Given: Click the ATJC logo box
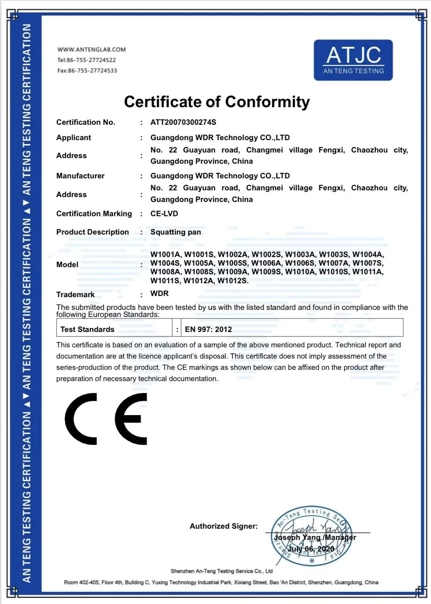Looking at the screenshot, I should pyautogui.click(x=353, y=60).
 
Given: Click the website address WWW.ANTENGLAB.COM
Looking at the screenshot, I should pyautogui.click(x=91, y=49).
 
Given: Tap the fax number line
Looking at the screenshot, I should pyautogui.click(x=87, y=70).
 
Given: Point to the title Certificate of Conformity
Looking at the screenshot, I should pyautogui.click(x=217, y=102).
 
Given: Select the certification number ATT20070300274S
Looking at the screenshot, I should pyautogui.click(x=183, y=122).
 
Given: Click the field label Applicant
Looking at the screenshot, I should pyautogui.click(x=73, y=138).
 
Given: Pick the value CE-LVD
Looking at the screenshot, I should pyautogui.click(x=164, y=214).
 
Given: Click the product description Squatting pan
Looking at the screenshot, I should pyautogui.click(x=176, y=232).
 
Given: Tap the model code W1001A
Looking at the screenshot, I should pyautogui.click(x=165, y=254).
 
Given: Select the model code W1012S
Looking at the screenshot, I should pyautogui.click(x=233, y=281).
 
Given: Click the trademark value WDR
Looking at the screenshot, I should pyautogui.click(x=160, y=293).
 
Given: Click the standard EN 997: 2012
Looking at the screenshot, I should pyautogui.click(x=208, y=329).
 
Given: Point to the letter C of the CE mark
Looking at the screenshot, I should pyautogui.click(x=81, y=419).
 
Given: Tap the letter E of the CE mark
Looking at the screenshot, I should pyautogui.click(x=131, y=419).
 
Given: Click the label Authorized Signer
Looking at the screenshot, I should pyautogui.click(x=224, y=526).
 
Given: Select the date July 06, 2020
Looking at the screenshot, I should pyautogui.click(x=311, y=549).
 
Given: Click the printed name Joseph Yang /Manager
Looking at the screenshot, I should pyautogui.click(x=315, y=537).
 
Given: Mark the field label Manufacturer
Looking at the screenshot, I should pyautogui.click(x=80, y=176).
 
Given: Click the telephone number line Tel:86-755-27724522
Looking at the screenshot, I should pyautogui.click(x=86, y=60).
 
